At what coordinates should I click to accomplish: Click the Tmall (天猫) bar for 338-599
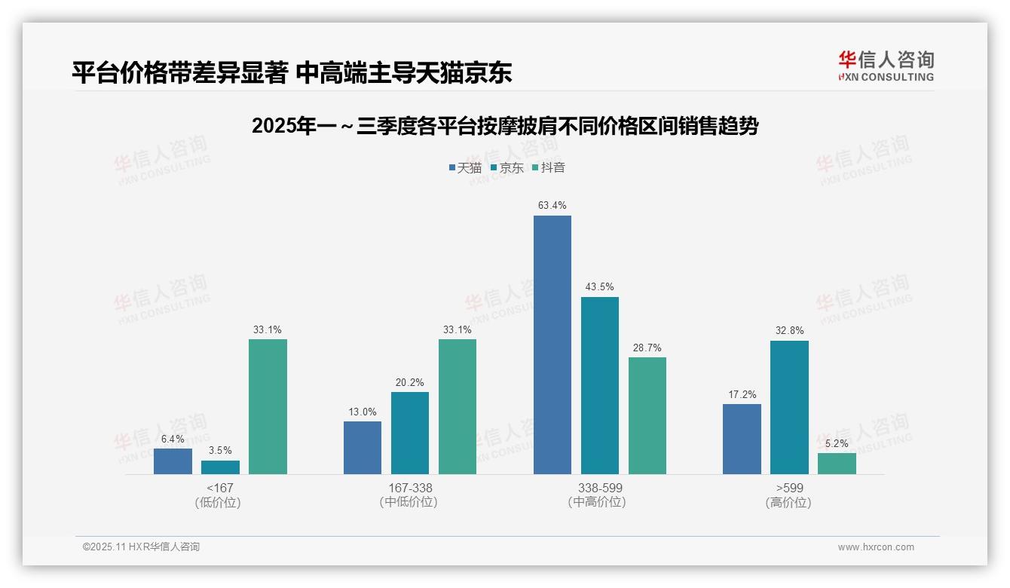pos(552,345)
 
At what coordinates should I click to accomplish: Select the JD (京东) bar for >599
pos(789,407)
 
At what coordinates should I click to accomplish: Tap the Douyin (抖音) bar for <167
pos(268,406)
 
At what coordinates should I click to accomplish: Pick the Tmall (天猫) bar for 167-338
pos(363,448)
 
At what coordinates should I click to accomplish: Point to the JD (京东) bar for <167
pos(220,467)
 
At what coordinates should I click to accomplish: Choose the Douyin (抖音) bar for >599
pos(837,464)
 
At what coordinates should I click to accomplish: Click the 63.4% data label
pos(552,205)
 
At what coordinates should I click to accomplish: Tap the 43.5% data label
pos(599,286)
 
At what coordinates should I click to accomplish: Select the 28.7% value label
pos(647,348)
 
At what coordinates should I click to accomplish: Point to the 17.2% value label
pos(742,394)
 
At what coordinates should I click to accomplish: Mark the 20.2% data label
pos(409,382)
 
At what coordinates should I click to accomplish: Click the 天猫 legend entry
pos(464,167)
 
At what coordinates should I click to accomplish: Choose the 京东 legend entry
pos(507,167)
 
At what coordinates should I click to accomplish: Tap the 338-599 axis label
pos(600,488)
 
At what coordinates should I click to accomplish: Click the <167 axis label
pos(220,488)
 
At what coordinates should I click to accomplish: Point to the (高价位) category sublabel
pos(789,503)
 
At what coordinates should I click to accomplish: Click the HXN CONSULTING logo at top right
pos(886,66)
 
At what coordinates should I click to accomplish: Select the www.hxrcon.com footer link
pos(876,547)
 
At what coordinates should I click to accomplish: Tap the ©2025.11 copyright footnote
pos(141,547)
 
